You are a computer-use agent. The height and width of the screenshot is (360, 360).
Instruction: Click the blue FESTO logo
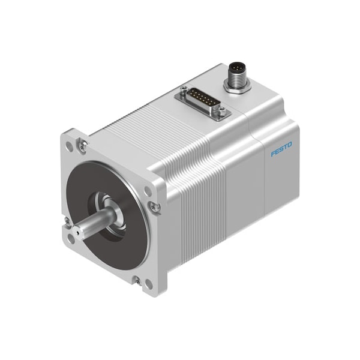coord(281,149)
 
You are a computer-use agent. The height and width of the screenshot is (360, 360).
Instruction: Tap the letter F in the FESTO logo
coord(273,154)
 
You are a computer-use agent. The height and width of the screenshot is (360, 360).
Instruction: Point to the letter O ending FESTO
coord(290,145)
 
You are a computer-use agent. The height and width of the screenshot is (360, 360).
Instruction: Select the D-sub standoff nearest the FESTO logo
coord(221,110)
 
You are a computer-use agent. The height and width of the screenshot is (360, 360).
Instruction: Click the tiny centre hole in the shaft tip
coord(77,233)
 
